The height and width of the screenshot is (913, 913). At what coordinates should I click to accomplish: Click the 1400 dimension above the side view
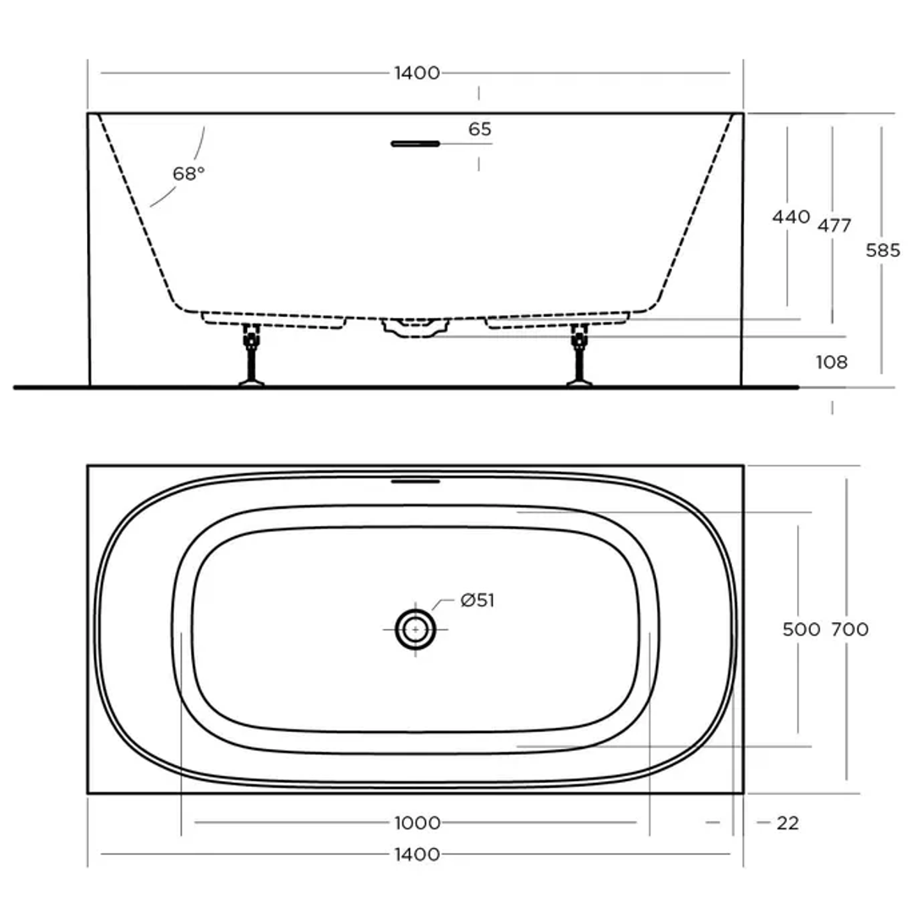(x=417, y=73)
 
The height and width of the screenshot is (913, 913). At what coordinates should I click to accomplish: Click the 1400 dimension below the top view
(x=417, y=854)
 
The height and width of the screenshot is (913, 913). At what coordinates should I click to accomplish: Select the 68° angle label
(x=189, y=173)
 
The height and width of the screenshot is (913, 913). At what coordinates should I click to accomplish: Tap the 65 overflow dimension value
(x=479, y=129)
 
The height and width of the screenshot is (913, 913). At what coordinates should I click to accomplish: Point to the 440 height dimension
(x=790, y=216)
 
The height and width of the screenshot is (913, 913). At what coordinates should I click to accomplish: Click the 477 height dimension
(x=834, y=226)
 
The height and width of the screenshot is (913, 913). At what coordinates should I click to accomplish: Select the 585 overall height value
(x=883, y=250)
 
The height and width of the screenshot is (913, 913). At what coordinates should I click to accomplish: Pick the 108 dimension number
(x=832, y=363)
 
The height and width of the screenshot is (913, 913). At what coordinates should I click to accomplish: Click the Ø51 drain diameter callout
(x=478, y=601)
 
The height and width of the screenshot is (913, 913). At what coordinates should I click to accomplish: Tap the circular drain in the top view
(x=415, y=630)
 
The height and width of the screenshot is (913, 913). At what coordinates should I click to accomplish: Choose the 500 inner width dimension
(x=801, y=630)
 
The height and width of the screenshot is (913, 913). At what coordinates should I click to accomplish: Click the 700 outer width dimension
(x=850, y=630)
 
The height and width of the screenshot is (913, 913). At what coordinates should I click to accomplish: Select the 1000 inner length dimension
(x=417, y=823)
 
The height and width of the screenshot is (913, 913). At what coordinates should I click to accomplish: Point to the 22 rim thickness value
(x=787, y=823)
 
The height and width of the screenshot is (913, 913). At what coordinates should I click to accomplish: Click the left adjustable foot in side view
(x=251, y=355)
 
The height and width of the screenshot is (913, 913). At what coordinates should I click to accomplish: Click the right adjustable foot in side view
(x=579, y=355)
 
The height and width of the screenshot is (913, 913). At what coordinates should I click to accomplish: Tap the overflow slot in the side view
(x=415, y=144)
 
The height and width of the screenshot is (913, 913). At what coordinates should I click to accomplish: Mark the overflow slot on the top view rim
(x=416, y=482)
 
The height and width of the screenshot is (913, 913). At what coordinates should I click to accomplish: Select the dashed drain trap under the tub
(x=414, y=328)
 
